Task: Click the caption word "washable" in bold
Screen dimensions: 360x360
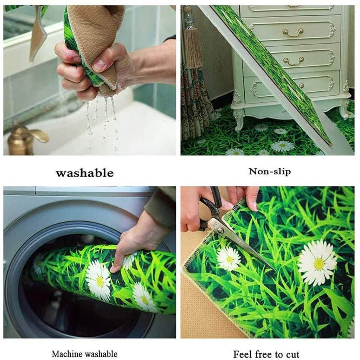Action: coord(85,173)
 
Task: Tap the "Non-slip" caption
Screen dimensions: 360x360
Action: coord(270,172)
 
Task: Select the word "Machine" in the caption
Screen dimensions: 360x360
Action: coord(67,354)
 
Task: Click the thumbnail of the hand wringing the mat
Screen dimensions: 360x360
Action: coord(90,81)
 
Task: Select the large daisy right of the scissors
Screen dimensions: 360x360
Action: coord(317,263)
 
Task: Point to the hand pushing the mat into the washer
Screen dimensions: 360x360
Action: coord(135,241)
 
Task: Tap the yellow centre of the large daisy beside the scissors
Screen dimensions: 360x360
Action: coord(319,264)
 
